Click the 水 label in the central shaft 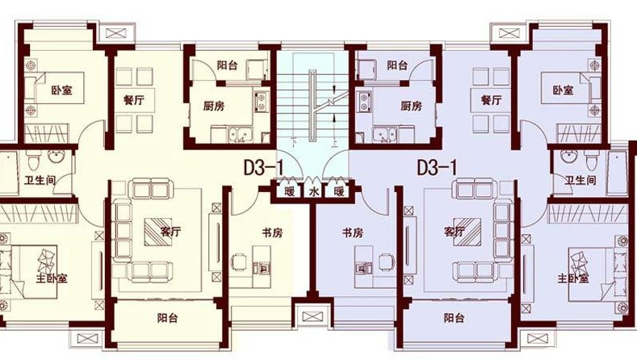(313, 191)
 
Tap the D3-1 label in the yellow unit (263, 167)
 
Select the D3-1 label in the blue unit (437, 167)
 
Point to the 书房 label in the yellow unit (272, 232)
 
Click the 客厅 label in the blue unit (455, 232)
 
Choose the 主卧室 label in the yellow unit (52, 278)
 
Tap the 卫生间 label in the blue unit (580, 180)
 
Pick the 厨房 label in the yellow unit (214, 107)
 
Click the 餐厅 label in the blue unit (491, 99)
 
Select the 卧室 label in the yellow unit (61, 90)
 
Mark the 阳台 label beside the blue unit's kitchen (397, 65)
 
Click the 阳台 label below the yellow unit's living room (168, 317)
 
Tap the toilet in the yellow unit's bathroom (33, 161)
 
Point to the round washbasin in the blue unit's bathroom (567, 156)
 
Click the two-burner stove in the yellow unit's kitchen (262, 101)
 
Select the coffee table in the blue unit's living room (467, 232)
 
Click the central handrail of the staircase (312, 105)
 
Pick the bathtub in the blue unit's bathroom (617, 173)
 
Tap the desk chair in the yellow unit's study (239, 262)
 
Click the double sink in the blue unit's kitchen (385, 135)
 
